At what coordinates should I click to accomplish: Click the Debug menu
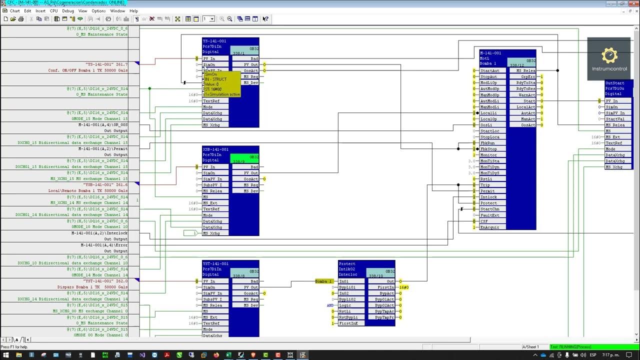[67, 10]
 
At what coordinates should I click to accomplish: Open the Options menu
[98, 10]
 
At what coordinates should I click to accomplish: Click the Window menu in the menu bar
[117, 10]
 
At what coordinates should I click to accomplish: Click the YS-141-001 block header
[215, 41]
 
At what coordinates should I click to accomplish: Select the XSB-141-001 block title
[215, 149]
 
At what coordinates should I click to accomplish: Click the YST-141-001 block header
[215, 263]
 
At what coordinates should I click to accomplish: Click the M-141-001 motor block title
[490, 53]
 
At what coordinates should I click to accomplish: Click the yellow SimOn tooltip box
[221, 84]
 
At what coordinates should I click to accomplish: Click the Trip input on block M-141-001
[485, 185]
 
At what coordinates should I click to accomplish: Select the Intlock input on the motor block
[488, 197]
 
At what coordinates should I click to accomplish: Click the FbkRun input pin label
[488, 143]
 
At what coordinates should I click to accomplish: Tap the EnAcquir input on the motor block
[489, 227]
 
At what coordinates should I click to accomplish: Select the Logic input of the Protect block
[345, 305]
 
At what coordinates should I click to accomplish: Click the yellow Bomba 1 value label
[323, 281]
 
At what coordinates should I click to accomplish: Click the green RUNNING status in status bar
[570, 347]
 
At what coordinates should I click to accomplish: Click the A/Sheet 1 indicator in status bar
[530, 347]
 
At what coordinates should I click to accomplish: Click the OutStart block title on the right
[615, 83]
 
